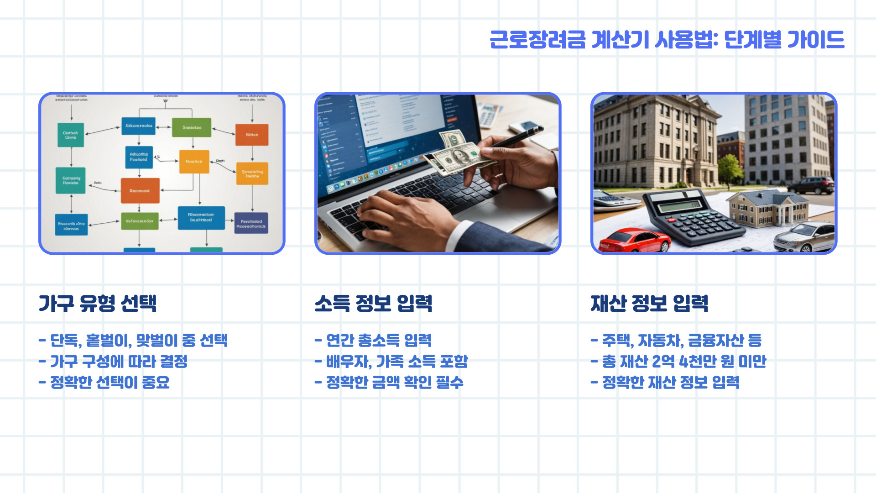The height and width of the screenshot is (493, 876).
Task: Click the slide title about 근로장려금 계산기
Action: point(667,40)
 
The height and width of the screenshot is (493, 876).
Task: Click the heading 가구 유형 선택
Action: point(98,303)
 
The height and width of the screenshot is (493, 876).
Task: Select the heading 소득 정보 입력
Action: point(373,303)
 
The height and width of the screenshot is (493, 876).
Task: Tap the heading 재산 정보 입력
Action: point(649,303)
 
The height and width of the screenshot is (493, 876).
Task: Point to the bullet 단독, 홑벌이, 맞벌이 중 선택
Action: point(133,340)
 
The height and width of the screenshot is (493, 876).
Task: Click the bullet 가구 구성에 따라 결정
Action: point(113,361)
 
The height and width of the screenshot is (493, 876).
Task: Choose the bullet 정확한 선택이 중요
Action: point(104,382)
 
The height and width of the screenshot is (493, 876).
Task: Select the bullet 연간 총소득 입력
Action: point(373,340)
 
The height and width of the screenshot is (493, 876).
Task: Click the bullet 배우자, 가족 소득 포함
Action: point(391,361)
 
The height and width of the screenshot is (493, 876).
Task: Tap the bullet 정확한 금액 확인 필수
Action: point(389,382)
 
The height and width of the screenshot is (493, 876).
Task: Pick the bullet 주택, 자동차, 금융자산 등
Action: point(676,340)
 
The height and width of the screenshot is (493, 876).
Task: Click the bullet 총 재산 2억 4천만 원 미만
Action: point(678,361)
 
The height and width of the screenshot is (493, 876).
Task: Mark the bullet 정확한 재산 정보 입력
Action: point(665,382)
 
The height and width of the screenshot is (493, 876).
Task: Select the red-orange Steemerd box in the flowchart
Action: point(140,190)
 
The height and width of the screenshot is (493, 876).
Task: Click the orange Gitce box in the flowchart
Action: point(252,135)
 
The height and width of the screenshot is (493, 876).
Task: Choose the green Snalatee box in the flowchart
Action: point(192,127)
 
